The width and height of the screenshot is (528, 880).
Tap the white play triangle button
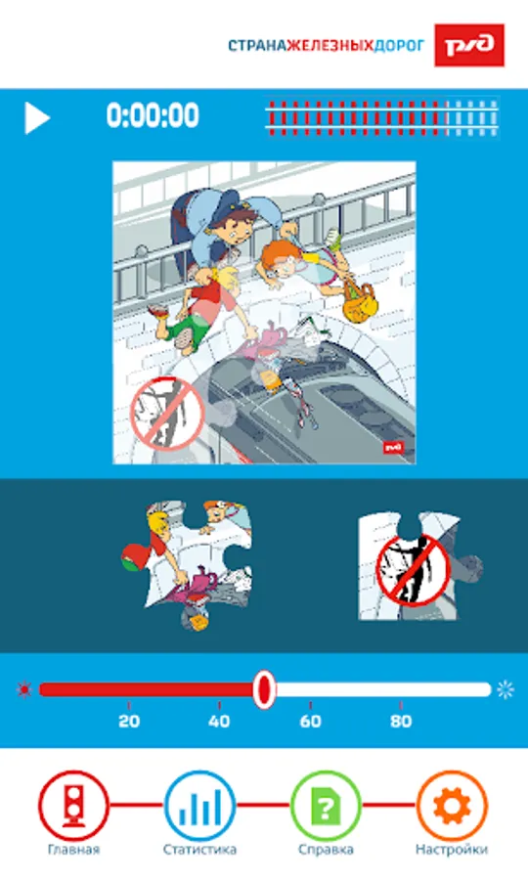point(36,118)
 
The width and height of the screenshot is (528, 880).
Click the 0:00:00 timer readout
point(153,115)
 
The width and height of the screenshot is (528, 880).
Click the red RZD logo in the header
point(469,45)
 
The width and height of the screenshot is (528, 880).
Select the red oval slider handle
point(263,689)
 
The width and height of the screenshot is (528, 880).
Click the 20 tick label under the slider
point(129,722)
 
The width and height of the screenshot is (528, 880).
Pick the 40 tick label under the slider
point(219,722)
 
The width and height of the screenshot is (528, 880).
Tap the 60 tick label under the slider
point(310,722)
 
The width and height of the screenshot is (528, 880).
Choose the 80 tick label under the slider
point(401,722)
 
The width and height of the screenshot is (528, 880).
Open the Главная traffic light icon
point(73,806)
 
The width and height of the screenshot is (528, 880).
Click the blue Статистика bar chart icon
point(199,806)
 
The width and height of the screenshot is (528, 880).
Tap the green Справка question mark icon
point(326,806)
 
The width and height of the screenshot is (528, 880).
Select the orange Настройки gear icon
point(452,806)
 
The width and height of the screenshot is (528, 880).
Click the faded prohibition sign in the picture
point(166,415)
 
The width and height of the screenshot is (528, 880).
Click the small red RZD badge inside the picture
point(394,448)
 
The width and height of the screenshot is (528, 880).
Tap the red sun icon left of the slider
point(24,689)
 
